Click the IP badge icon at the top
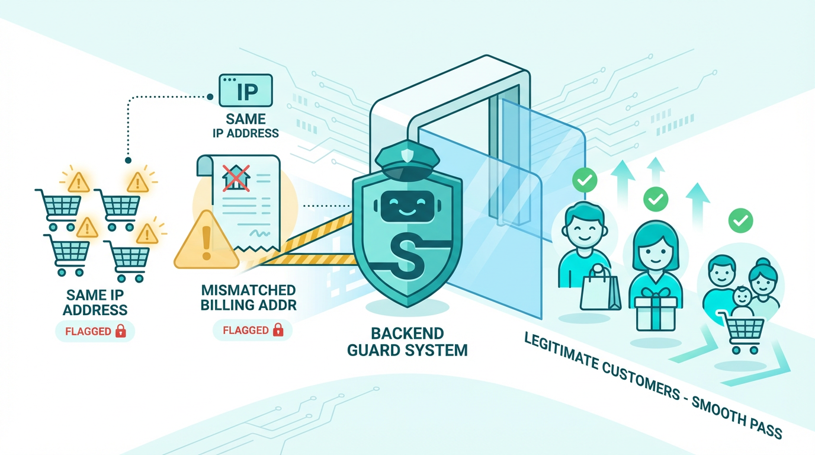245,91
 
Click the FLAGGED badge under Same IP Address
95,331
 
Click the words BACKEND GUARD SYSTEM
407,341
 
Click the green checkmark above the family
740,221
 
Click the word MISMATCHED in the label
248,291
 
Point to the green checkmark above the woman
656,199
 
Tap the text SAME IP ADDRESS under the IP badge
246,126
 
